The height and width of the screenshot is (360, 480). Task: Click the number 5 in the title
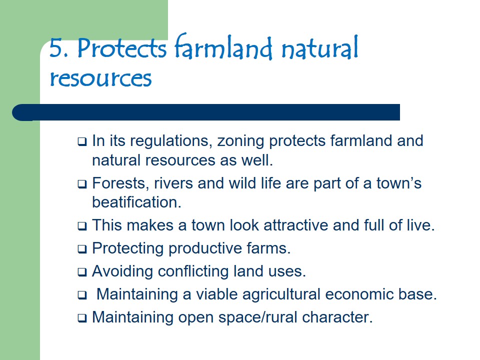point(55,48)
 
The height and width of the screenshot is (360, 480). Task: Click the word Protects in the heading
point(122,48)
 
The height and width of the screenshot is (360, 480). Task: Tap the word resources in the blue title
point(100,78)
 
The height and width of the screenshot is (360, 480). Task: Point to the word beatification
point(137,202)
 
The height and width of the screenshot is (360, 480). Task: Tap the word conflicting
point(193,271)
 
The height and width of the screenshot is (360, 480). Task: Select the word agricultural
point(281,294)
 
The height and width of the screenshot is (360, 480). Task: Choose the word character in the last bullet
point(337,317)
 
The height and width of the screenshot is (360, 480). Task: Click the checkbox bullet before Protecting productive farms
point(82,249)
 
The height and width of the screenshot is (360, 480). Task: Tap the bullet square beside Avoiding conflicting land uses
point(82,272)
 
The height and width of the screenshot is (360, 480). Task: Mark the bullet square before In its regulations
point(82,141)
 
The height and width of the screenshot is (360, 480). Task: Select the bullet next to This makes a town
point(82,226)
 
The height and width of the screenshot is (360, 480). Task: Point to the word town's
point(399,183)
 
